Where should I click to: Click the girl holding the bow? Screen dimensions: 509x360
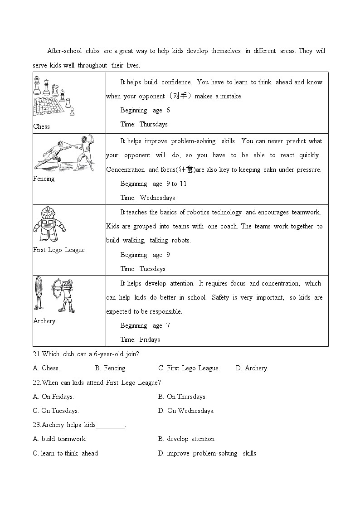tap(64, 295)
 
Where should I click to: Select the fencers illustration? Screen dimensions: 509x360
tap(64, 153)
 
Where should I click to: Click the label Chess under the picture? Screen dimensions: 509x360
tap(42, 126)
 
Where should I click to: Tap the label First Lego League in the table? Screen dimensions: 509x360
tap(59, 250)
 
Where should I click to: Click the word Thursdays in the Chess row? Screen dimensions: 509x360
tap(153, 124)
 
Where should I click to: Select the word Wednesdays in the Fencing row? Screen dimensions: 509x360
tap(157, 198)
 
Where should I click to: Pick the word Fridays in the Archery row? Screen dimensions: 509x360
tap(150, 339)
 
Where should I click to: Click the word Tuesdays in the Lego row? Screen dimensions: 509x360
tap(152, 269)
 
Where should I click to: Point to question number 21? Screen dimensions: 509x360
tap(37, 354)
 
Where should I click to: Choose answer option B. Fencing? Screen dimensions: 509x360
tap(111, 368)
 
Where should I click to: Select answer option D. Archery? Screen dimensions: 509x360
tap(252, 368)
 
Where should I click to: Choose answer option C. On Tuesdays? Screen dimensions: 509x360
tap(56, 411)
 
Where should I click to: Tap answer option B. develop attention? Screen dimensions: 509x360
tap(186, 439)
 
